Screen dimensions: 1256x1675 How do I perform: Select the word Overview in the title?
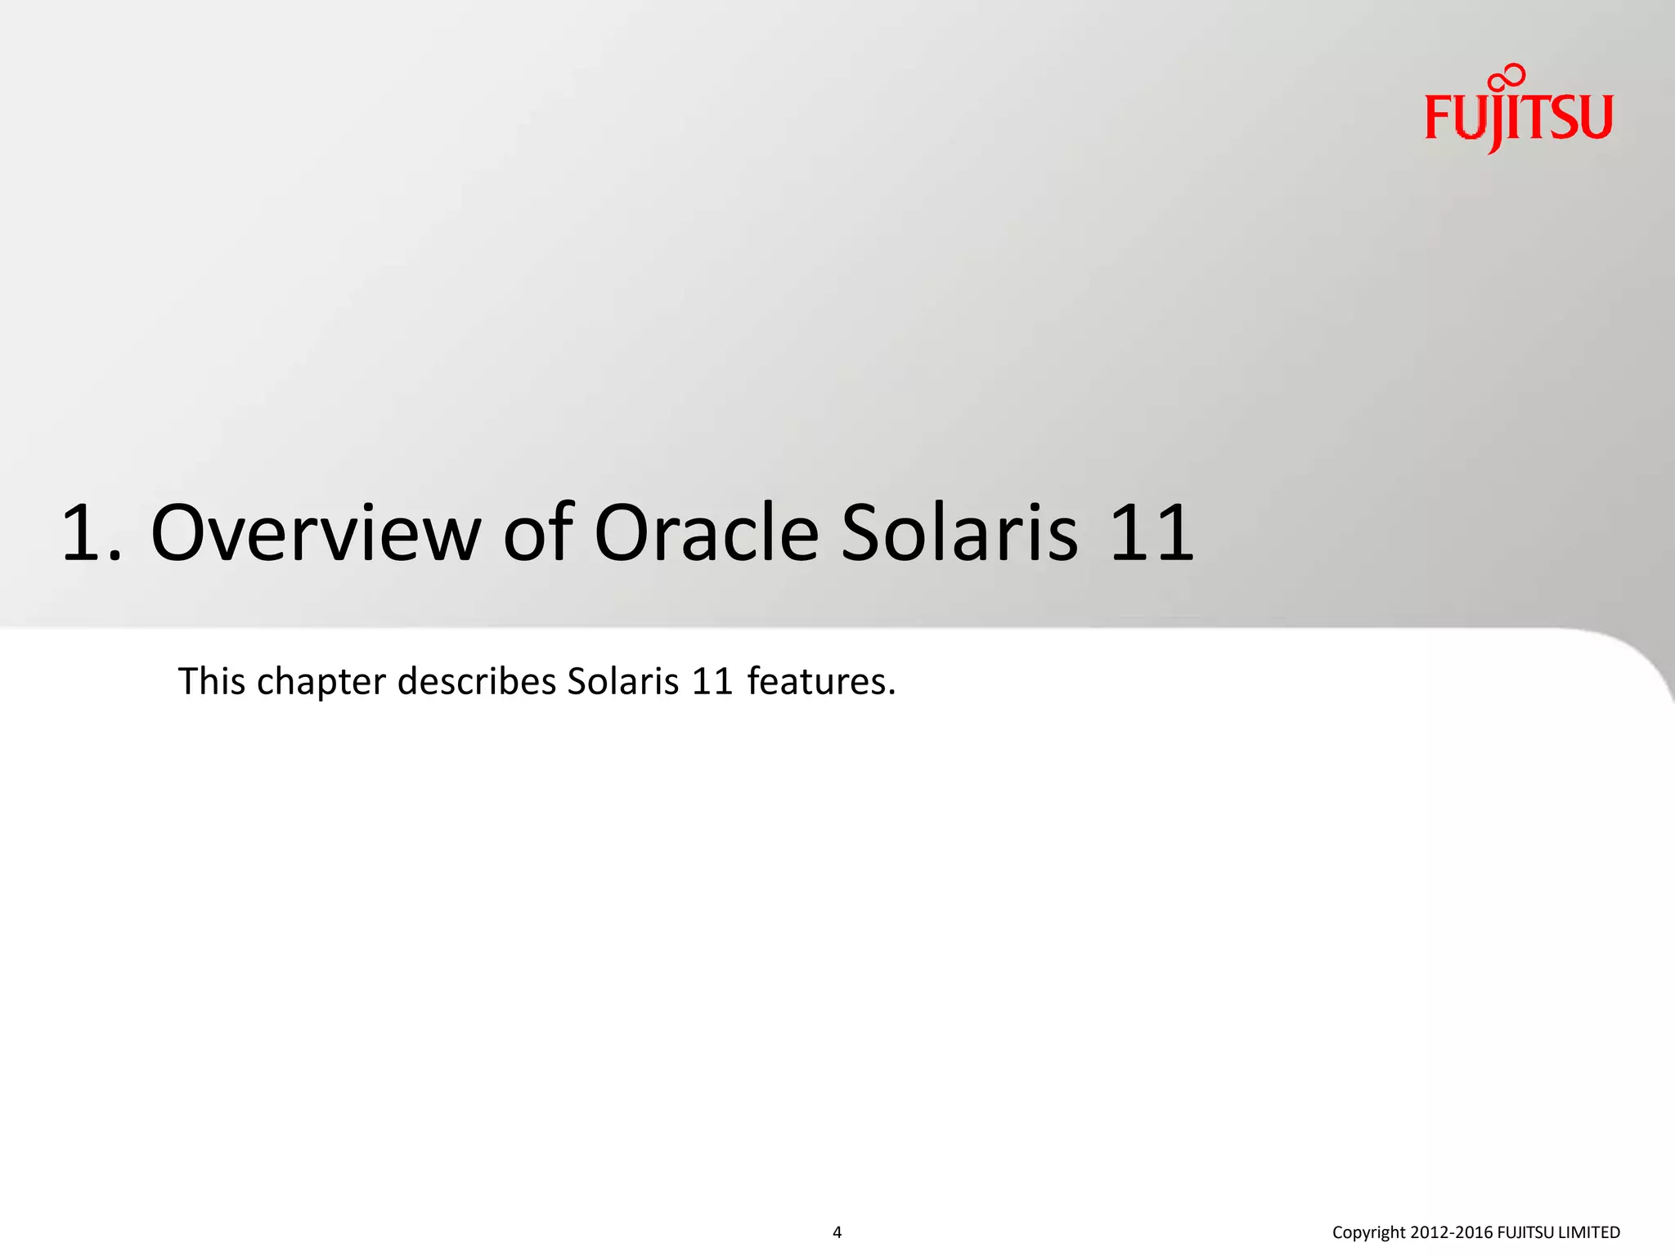[x=316, y=534]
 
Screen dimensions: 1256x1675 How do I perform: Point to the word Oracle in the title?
[x=706, y=534]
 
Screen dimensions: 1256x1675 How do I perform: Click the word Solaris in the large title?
[x=959, y=534]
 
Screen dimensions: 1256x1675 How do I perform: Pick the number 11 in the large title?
[x=1152, y=534]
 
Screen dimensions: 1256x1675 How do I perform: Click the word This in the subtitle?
[x=212, y=681]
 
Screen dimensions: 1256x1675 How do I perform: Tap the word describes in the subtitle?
[x=477, y=681]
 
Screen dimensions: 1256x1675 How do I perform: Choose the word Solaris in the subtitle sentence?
[x=622, y=681]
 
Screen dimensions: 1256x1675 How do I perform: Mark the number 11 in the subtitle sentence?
[x=712, y=681]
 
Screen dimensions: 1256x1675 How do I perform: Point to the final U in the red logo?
[x=1596, y=118]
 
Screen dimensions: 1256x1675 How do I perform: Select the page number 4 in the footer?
[x=837, y=1232]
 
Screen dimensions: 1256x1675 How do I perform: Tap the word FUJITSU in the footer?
[x=1525, y=1232]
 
